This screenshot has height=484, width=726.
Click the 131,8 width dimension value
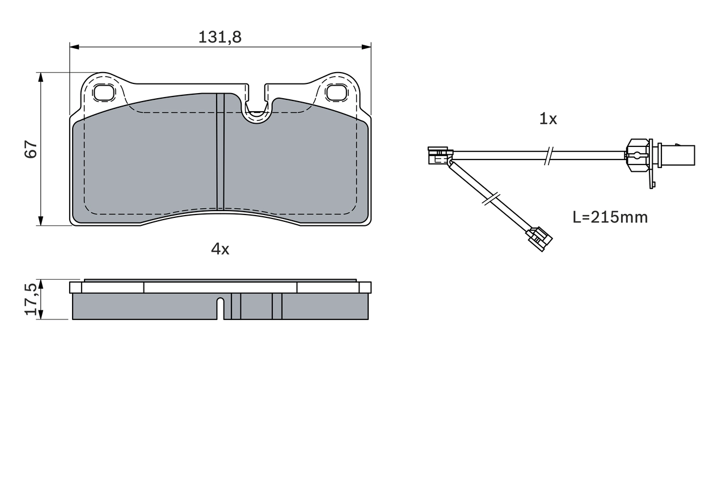pyautogui.click(x=220, y=37)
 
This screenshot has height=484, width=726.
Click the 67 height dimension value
pyautogui.click(x=31, y=149)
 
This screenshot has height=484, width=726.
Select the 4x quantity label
pyautogui.click(x=220, y=249)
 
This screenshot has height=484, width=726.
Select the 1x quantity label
pyautogui.click(x=548, y=119)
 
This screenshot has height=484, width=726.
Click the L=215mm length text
pyautogui.click(x=610, y=217)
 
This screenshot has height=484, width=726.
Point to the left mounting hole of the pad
pyautogui.click(x=103, y=92)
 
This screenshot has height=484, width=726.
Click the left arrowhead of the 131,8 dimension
pyautogui.click(x=73, y=47)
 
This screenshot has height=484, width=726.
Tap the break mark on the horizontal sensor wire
pyautogui.click(x=548, y=155)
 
